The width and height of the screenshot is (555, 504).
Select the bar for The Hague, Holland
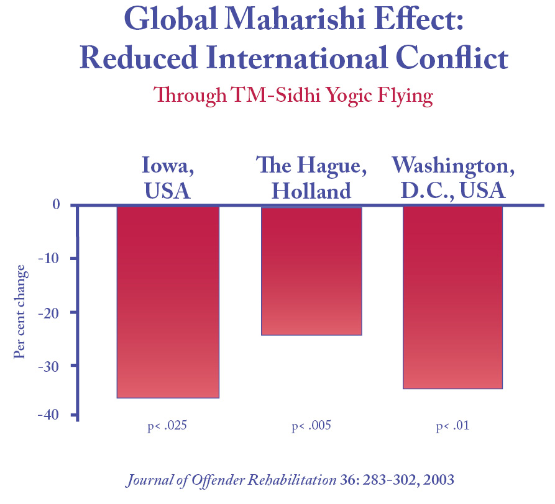[x=311, y=271]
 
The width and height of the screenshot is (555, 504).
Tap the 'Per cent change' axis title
[x=21, y=312]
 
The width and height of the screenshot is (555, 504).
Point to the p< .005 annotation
[x=311, y=426]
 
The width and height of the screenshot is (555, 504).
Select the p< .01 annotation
[x=452, y=426]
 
